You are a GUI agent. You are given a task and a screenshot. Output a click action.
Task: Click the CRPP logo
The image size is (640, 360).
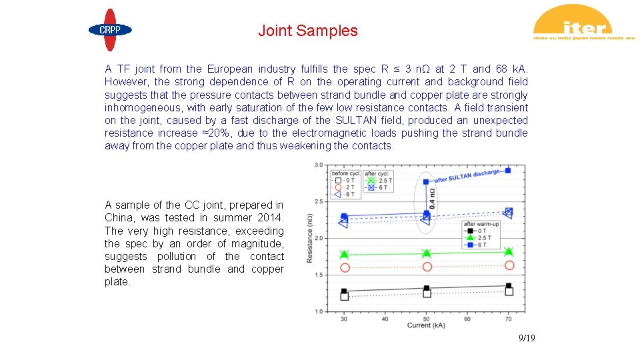[110, 30]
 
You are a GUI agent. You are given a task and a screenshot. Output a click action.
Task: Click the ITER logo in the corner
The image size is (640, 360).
[583, 25]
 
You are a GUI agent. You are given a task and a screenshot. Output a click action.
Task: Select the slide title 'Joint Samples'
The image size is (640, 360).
[308, 31]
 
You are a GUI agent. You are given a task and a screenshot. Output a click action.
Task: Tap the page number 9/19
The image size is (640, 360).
[527, 339]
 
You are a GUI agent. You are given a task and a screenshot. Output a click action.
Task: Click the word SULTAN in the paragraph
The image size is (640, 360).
[356, 121]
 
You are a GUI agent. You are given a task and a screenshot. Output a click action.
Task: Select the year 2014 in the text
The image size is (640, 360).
[270, 218]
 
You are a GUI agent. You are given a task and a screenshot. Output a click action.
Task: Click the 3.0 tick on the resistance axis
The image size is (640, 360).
[318, 165]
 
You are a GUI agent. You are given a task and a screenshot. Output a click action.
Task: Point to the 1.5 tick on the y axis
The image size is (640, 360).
[318, 275]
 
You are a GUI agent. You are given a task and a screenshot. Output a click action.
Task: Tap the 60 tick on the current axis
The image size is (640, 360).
[467, 319]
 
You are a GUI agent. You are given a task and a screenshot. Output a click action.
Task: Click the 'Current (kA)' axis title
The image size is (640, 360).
[426, 325]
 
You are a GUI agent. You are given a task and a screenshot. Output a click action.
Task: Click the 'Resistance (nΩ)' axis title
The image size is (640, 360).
[310, 238]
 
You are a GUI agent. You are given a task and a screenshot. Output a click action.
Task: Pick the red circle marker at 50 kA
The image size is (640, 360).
[427, 267]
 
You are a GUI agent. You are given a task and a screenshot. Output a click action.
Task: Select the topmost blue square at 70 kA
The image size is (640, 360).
[508, 171]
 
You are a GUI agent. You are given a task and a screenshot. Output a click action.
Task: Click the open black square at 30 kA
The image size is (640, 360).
[344, 296]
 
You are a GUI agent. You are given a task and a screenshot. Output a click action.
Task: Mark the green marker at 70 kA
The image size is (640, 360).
[509, 251]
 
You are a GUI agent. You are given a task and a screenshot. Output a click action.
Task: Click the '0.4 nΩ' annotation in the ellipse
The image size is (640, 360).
[432, 198]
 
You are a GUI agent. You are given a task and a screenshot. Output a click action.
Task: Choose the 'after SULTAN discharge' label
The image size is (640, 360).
[467, 176]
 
